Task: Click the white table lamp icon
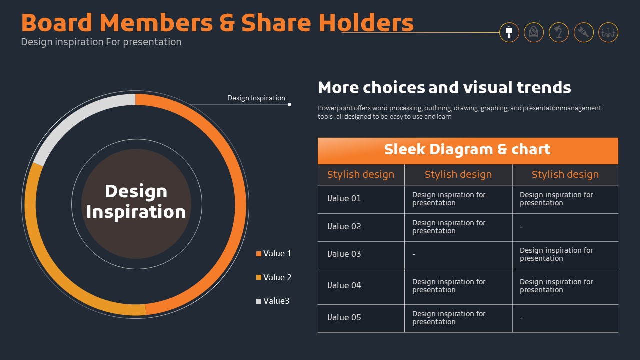(x=509, y=32)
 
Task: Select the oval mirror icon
(x=533, y=32)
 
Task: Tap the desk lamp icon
(x=558, y=32)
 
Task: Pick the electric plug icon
(x=583, y=32)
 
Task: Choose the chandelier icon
(x=608, y=32)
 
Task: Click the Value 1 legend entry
(x=274, y=253)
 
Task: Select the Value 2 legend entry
(x=274, y=277)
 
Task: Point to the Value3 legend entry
(x=273, y=301)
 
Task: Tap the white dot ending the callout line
(x=289, y=105)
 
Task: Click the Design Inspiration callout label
(x=256, y=98)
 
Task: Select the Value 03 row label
(x=344, y=254)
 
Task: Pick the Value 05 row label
(x=344, y=317)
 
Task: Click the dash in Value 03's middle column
(x=414, y=254)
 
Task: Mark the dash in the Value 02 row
(x=521, y=227)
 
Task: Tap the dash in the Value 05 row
(x=521, y=317)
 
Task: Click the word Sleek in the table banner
(x=404, y=149)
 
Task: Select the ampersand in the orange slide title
(x=227, y=23)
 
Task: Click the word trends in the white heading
(x=544, y=87)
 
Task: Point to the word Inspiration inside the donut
(x=136, y=212)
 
